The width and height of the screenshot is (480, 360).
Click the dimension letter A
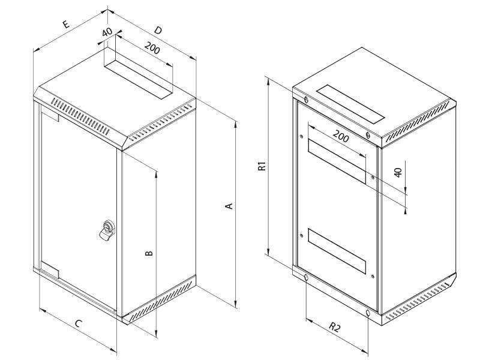(x=228, y=206)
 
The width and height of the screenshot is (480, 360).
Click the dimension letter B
(x=149, y=253)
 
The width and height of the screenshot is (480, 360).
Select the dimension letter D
(x=158, y=29)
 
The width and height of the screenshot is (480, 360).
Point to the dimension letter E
(x=65, y=25)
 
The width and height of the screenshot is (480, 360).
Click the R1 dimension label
(x=262, y=167)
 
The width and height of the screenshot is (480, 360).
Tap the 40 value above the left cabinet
(x=108, y=33)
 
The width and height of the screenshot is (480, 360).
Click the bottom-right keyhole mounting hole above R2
(x=367, y=313)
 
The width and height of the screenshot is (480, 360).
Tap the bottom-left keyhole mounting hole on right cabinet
(x=305, y=277)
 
